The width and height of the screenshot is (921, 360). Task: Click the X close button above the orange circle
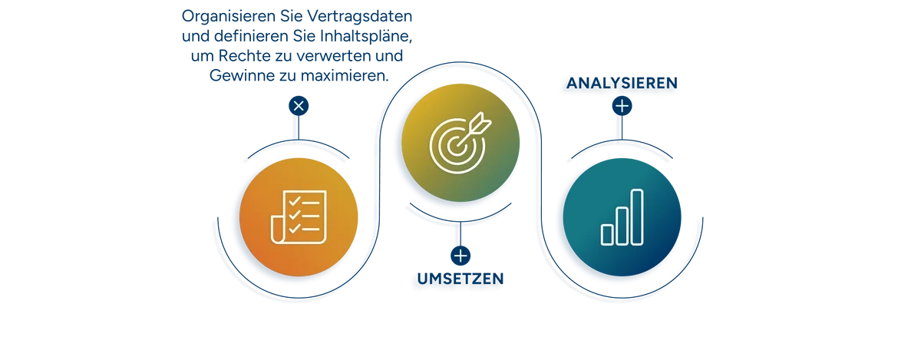[299, 106]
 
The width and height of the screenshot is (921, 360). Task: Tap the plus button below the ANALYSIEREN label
[622, 106]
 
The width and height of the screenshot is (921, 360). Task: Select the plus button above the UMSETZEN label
[460, 256]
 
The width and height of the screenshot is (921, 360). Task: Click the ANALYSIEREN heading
[622, 83]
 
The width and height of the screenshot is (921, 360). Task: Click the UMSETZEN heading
[460, 279]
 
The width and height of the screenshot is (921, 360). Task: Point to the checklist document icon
[299, 217]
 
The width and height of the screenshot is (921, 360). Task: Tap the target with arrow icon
[460, 143]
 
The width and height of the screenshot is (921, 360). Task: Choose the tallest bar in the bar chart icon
[637, 217]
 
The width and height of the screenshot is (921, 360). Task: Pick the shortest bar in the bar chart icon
[607, 235]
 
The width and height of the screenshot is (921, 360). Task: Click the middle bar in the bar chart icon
[622, 226]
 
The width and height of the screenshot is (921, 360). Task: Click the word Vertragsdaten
[360, 16]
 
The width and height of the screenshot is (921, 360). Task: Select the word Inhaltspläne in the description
[366, 36]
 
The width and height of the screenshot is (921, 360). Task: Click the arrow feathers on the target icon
[482, 121]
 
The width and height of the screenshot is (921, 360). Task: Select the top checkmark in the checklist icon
[295, 201]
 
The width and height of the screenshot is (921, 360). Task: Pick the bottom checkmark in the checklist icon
[295, 228]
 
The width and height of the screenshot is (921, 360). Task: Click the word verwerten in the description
[334, 55]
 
